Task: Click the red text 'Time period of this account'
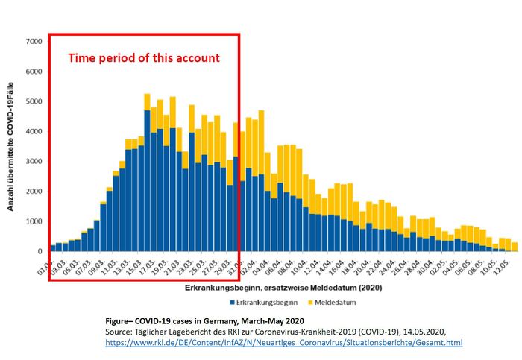144,57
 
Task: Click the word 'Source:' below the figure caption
119,330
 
